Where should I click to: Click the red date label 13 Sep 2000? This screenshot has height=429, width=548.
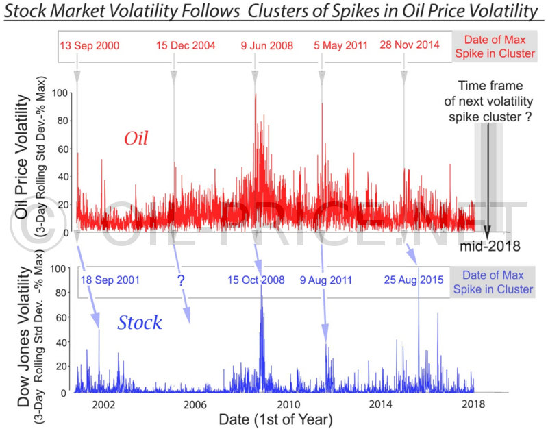tap(89, 46)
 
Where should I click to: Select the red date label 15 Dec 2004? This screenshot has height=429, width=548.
tap(186, 46)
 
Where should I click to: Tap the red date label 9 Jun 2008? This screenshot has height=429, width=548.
tap(266, 46)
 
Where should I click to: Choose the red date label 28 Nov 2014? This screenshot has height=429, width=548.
tap(410, 46)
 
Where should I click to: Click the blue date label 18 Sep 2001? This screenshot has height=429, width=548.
tap(110, 280)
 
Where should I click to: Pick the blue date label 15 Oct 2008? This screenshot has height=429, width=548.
tap(256, 280)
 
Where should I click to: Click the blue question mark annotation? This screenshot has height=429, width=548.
tap(181, 281)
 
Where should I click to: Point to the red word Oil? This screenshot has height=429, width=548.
tap(136, 139)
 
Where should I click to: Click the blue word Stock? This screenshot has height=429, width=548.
tap(140, 322)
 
